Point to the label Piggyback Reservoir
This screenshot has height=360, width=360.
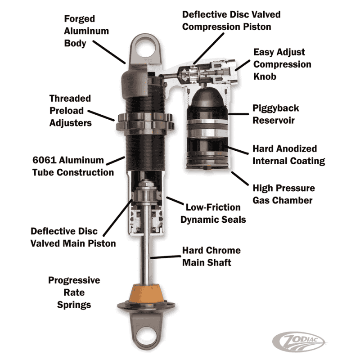tap(275, 114)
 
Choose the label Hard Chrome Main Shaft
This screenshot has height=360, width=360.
tap(211, 256)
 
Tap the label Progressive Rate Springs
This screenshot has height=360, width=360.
tap(74, 292)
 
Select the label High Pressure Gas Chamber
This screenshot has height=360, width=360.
tap(283, 194)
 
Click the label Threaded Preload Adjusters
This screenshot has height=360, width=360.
tap(70, 110)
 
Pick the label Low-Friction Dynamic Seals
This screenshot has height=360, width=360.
tap(213, 213)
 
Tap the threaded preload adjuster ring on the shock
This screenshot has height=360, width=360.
tap(145, 122)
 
